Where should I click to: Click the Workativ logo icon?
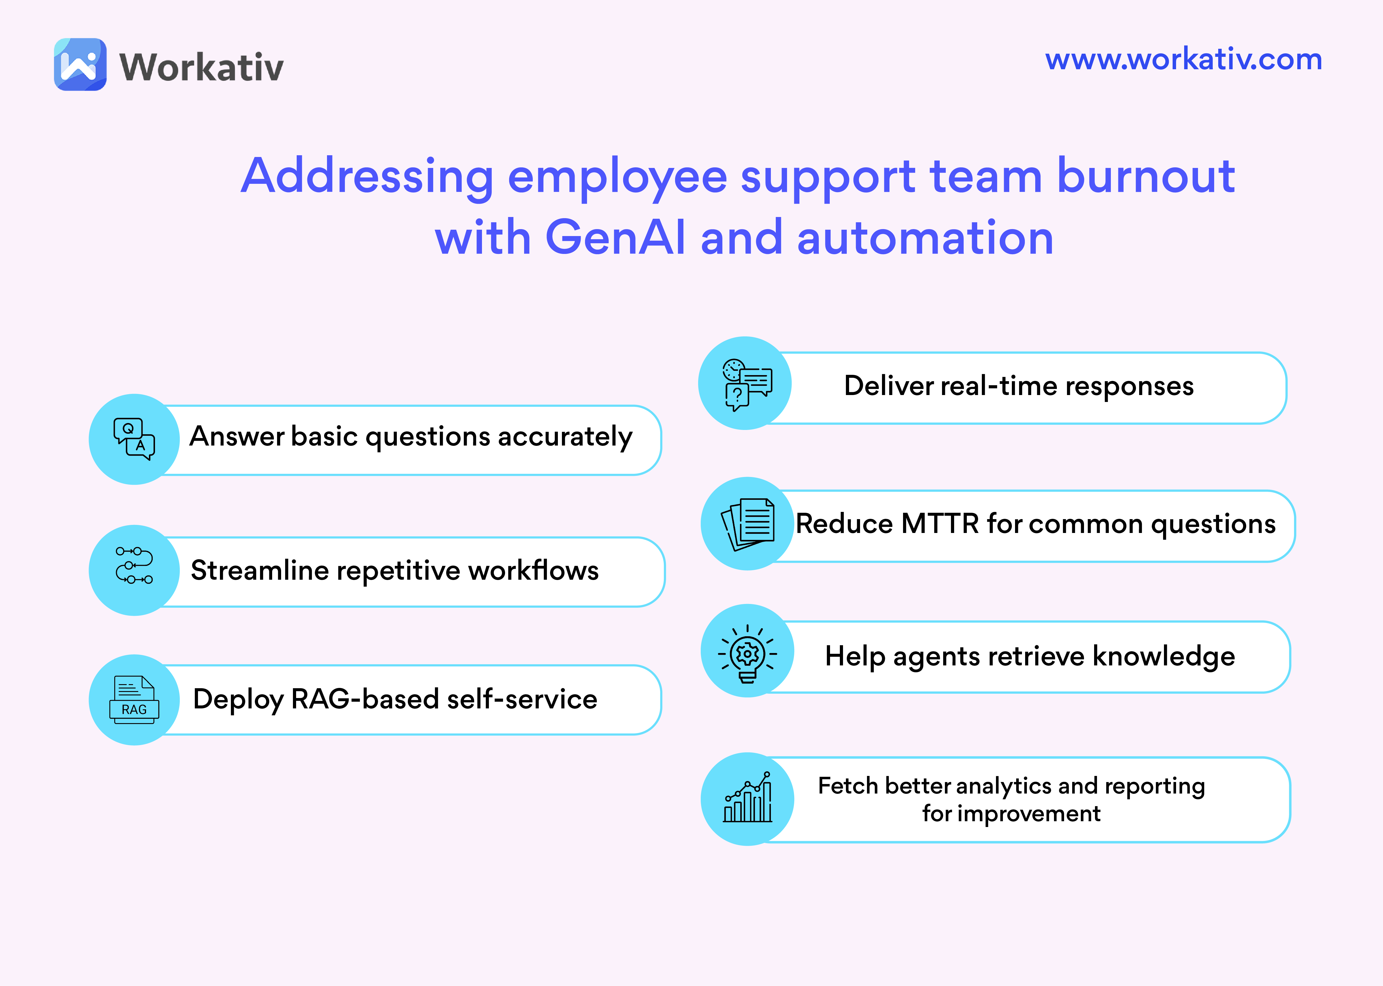click(80, 64)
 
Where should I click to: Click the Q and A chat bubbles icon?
click(134, 438)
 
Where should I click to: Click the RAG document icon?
click(134, 699)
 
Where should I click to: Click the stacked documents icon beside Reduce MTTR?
click(747, 523)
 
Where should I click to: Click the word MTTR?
click(940, 523)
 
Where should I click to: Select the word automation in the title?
click(925, 237)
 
